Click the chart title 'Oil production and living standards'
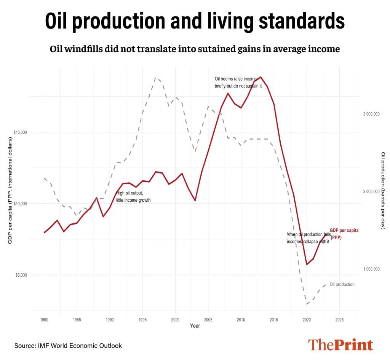[195, 21]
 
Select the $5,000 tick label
[21, 275]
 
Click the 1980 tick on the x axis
[44, 320]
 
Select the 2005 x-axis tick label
[208, 320]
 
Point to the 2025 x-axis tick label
[339, 320]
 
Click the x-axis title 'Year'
[195, 326]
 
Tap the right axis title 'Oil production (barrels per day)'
[383, 190]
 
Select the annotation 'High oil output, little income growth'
[133, 196]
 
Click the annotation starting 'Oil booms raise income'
[238, 82]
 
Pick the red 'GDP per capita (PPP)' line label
[344, 234]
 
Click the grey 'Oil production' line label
[342, 284]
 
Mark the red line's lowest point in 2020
[307, 264]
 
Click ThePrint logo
[340, 344]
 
